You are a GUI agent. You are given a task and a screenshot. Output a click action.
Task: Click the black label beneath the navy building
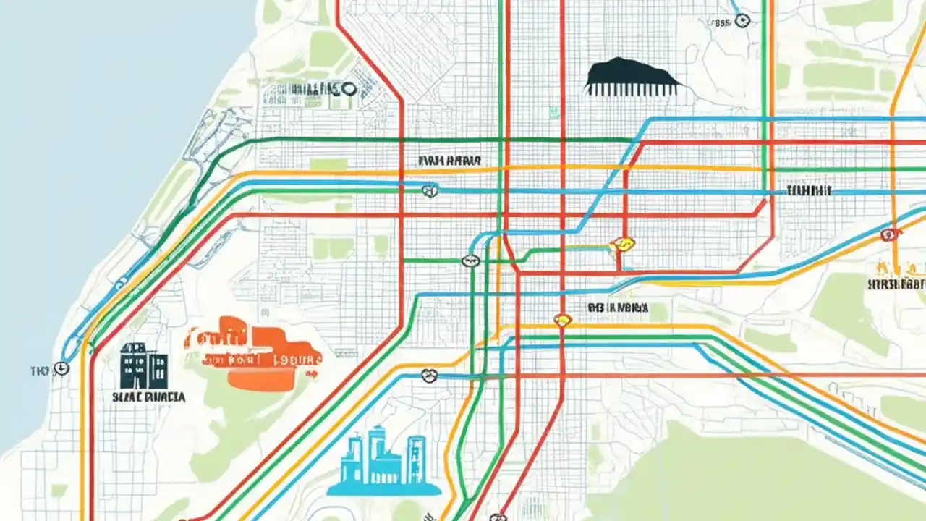[148, 397]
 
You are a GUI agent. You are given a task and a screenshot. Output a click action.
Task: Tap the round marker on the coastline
[62, 368]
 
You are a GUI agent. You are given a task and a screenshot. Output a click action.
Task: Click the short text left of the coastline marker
[38, 370]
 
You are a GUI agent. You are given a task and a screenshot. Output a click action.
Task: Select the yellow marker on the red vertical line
[562, 319]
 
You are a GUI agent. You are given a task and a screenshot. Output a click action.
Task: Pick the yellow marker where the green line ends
[621, 245]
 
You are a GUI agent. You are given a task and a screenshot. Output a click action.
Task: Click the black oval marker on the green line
[471, 260]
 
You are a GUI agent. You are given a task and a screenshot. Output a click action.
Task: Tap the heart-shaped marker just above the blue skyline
[429, 375]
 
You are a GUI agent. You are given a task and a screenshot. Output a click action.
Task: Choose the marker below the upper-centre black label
[430, 190]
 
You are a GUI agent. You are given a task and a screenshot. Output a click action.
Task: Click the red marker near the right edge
[889, 234]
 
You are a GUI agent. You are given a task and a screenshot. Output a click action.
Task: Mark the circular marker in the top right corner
[742, 21]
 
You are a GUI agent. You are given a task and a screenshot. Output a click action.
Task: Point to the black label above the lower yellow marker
[617, 307]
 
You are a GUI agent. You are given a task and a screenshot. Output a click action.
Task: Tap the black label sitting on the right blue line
[809, 190]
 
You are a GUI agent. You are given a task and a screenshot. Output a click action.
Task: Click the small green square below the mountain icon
[553, 112]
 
